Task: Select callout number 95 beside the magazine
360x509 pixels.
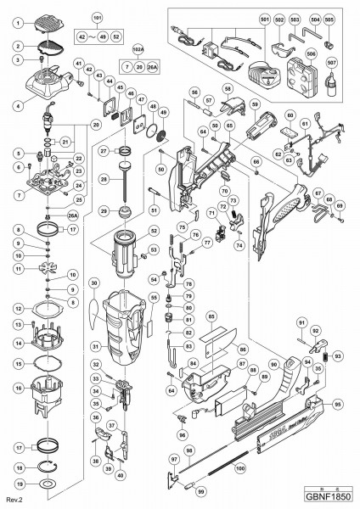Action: [339, 405]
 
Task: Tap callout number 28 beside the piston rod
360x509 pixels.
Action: [102, 181]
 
